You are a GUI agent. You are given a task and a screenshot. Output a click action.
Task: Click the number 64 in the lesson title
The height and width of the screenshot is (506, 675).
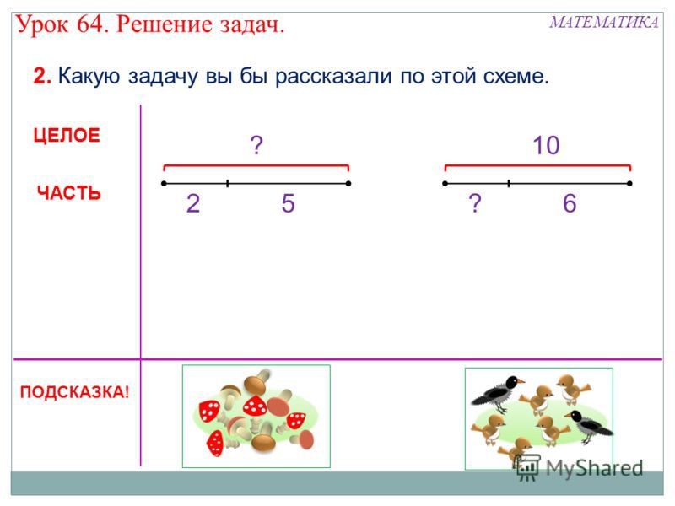(90, 24)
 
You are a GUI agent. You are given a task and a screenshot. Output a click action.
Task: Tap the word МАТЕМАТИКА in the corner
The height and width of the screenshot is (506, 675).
(603, 22)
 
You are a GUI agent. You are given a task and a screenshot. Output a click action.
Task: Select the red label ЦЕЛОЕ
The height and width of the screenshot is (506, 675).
(67, 135)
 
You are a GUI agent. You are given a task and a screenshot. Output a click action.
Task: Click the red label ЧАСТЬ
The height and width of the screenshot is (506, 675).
(69, 193)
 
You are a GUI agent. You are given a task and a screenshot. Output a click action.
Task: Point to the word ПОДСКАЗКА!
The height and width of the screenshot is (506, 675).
(74, 392)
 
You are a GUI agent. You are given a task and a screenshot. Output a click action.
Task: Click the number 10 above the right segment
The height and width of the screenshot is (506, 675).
(546, 145)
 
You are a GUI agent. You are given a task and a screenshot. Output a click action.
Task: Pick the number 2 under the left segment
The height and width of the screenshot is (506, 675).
(193, 203)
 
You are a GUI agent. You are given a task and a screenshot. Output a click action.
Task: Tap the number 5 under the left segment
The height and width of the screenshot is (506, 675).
(288, 203)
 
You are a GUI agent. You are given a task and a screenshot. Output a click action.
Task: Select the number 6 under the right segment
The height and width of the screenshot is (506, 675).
(570, 203)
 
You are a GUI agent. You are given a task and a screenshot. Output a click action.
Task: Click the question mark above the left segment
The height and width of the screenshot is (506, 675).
(256, 145)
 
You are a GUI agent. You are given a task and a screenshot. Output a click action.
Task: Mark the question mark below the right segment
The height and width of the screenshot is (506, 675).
(475, 203)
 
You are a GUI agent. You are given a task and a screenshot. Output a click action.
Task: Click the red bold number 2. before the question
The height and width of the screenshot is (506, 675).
(42, 76)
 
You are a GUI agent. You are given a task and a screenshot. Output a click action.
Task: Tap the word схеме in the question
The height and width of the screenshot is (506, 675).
(516, 77)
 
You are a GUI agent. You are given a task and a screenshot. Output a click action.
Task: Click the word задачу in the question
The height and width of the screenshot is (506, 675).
(164, 77)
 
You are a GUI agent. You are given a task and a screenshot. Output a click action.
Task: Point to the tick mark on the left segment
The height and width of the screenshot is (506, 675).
(227, 184)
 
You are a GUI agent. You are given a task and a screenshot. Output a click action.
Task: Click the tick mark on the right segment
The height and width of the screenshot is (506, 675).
(509, 184)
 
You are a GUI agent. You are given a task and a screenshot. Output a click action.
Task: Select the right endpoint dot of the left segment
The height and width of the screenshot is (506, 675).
(348, 184)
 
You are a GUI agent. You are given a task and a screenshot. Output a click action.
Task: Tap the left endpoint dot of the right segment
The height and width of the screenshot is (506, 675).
(445, 184)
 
